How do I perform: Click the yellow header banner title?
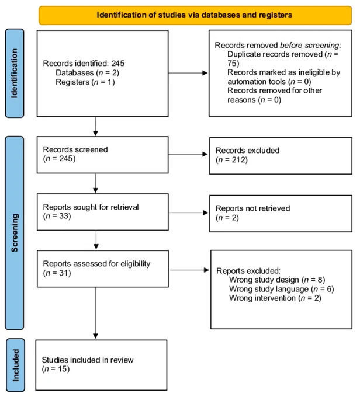195,15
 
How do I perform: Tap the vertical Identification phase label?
14,73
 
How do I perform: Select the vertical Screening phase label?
15,233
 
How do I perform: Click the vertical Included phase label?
15,365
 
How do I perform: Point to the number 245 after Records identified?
118,63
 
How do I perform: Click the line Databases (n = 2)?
87,73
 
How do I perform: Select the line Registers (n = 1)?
85,82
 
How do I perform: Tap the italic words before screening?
309,46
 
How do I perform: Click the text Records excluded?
247,151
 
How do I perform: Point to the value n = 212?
231,160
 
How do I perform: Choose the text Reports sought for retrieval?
91,207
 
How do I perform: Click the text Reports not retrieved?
253,208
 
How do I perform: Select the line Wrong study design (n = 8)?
277,280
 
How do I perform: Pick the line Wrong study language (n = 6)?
282,289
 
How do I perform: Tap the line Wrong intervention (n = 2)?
275,298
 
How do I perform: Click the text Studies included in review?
88,360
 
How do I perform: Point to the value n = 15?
56,369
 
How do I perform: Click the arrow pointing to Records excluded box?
188,154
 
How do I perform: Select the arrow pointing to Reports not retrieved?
189,213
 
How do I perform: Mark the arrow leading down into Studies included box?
96,313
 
